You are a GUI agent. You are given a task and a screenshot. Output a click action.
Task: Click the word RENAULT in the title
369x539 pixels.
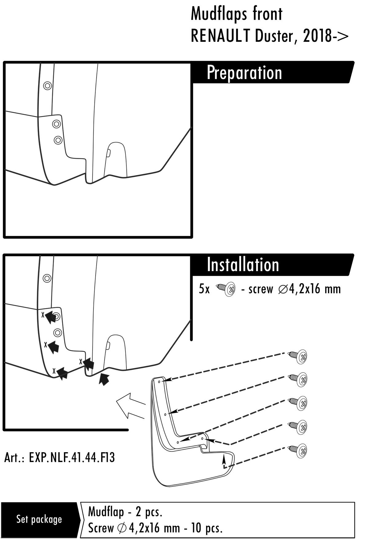(220, 36)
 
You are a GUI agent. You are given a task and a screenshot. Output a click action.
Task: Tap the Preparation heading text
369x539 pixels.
(244, 73)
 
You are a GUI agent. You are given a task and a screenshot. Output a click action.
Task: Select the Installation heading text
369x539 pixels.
(243, 265)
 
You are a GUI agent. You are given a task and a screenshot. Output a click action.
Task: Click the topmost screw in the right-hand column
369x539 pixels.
(298, 356)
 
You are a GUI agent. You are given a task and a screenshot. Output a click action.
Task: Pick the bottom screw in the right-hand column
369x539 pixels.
(298, 450)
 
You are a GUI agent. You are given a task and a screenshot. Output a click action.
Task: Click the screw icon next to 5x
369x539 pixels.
(226, 289)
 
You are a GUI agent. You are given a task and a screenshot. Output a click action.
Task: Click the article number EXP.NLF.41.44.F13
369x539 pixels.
(72, 458)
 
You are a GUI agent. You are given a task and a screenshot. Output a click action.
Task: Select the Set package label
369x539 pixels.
(39, 519)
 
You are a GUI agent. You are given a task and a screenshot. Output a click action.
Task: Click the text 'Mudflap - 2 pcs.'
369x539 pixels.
(125, 512)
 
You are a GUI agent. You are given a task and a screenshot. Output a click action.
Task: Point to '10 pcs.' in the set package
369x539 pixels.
(207, 528)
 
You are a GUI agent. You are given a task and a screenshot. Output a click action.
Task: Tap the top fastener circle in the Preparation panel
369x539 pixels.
(47, 86)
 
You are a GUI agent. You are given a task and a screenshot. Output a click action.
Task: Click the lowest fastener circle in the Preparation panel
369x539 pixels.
(58, 140)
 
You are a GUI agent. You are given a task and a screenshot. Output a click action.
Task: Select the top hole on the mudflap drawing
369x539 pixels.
(159, 381)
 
